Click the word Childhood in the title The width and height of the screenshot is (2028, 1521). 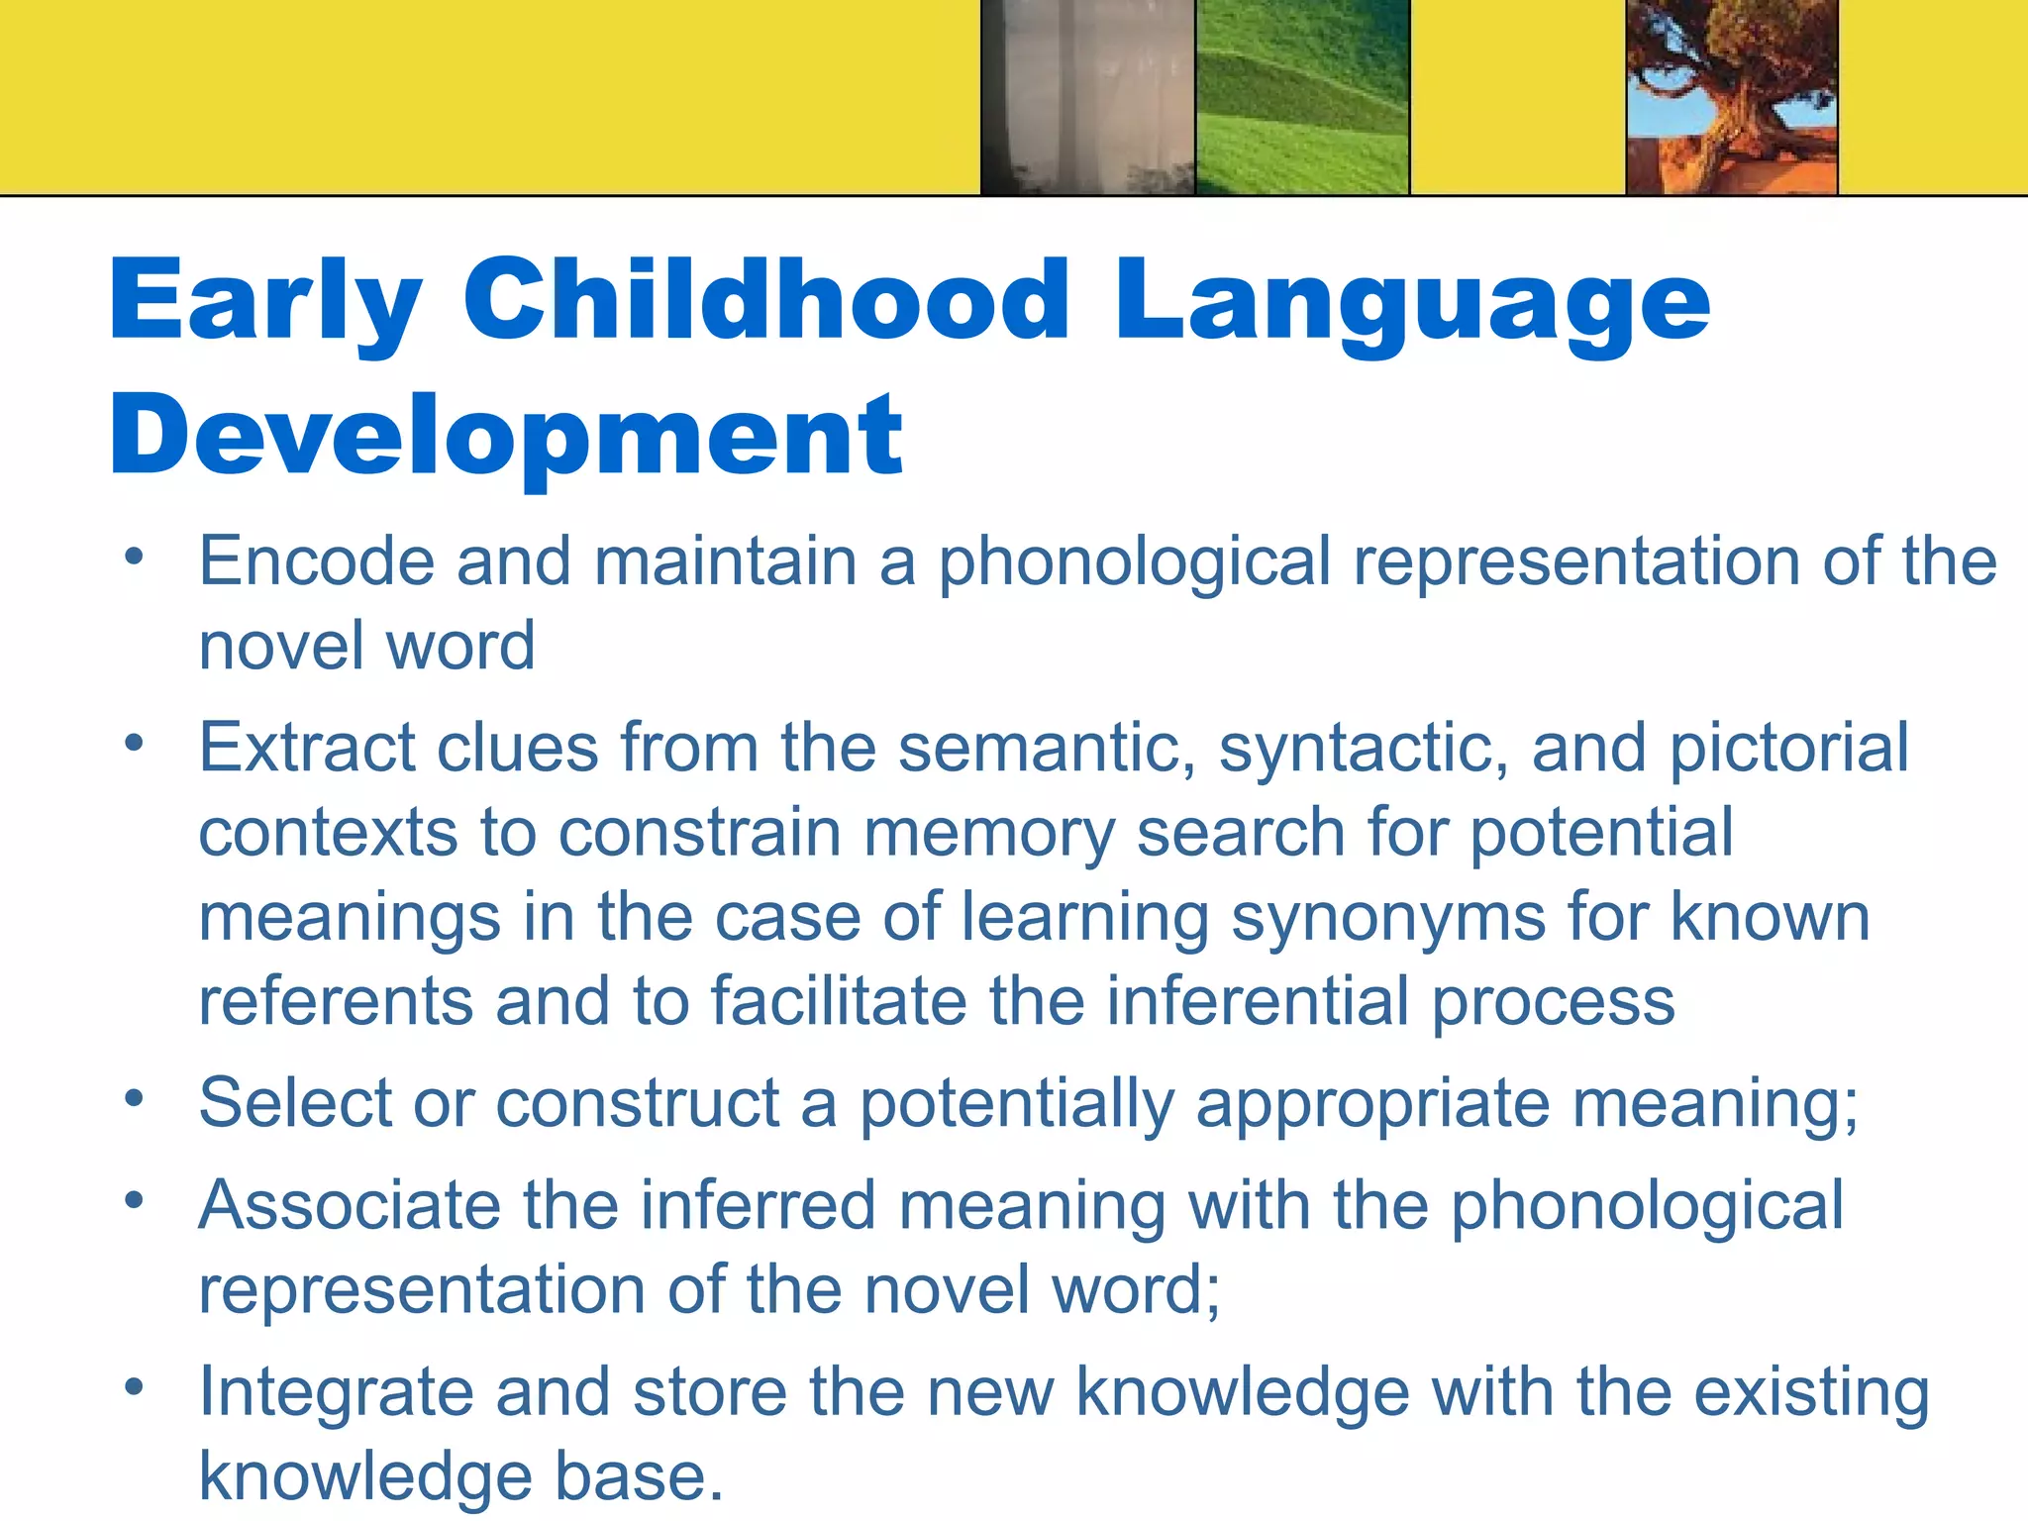click(766, 299)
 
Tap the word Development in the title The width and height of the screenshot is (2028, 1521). click(506, 436)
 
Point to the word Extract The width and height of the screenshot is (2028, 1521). click(306, 747)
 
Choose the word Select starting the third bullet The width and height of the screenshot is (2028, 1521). click(295, 1102)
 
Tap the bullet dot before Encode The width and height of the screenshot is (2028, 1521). click(135, 557)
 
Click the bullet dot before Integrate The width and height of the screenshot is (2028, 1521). click(135, 1386)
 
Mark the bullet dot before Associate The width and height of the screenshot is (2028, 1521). click(135, 1200)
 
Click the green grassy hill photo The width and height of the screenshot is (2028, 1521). click(1302, 97)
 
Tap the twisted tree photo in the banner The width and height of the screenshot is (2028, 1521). click(1732, 97)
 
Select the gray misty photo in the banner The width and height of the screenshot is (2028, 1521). click(1088, 97)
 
